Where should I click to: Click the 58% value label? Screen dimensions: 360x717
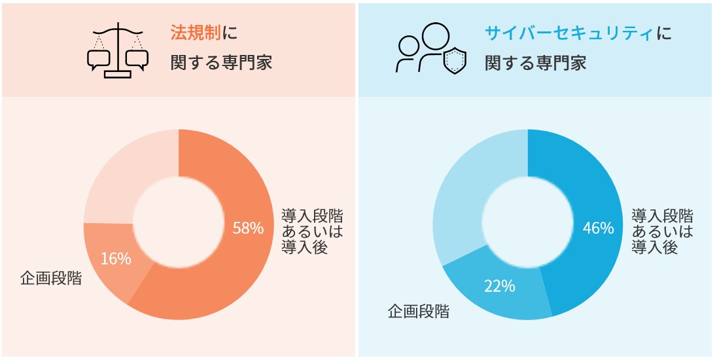[248, 228]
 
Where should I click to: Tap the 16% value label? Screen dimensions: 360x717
[116, 259]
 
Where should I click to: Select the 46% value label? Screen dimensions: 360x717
[598, 228]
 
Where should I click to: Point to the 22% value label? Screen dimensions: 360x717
[499, 286]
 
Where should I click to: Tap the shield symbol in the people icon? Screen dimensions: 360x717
[455, 61]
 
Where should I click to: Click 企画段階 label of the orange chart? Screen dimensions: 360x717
[52, 278]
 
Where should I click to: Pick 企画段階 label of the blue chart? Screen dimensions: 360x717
[419, 312]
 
